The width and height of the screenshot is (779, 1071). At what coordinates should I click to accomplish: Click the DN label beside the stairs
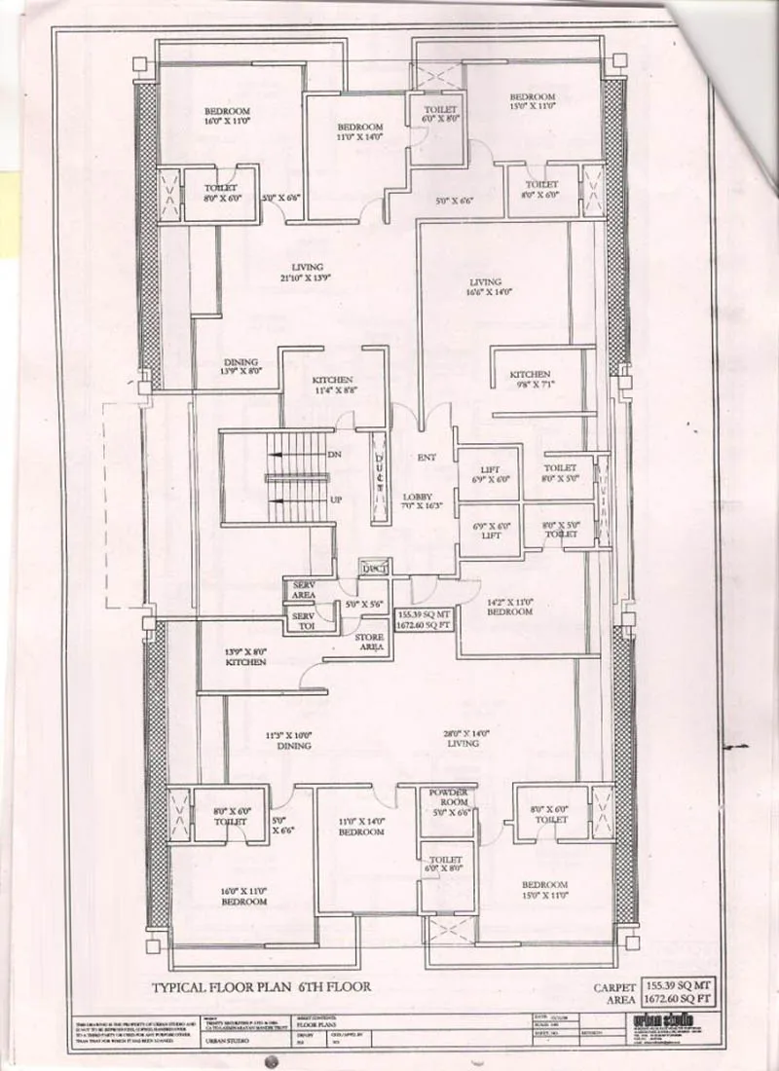333,455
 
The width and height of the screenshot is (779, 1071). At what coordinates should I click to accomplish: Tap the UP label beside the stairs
333,500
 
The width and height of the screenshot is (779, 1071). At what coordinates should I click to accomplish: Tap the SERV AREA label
299,590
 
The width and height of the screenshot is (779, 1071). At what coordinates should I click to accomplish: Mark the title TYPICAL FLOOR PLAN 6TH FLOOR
260,986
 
